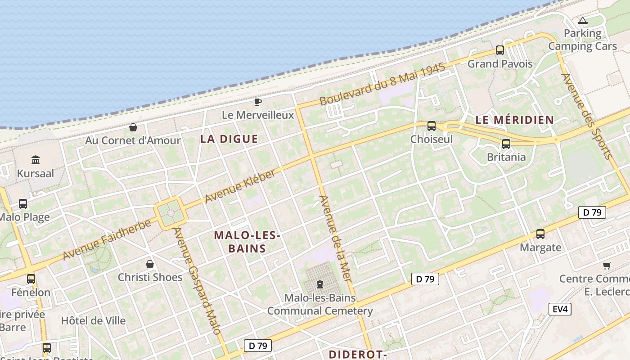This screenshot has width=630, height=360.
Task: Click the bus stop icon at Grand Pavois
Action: (499, 50)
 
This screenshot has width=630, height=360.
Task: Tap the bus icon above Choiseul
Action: (432, 126)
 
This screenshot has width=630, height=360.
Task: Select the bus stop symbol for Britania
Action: (506, 144)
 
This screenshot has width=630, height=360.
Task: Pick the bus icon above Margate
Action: (540, 234)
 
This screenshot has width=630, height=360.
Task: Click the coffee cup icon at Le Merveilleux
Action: (258, 102)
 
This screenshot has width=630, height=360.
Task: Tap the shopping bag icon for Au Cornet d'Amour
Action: (133, 128)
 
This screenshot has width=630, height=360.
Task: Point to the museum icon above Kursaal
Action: (36, 160)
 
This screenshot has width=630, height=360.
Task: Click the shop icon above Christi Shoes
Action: (150, 264)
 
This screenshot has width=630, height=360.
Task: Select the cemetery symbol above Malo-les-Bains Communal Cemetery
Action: (319, 284)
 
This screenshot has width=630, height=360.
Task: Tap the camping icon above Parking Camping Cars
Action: (583, 21)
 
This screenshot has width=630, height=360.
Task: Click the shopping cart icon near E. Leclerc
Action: (607, 266)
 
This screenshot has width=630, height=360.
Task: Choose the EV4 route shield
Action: (560, 309)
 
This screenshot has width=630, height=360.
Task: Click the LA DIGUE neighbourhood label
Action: (229, 139)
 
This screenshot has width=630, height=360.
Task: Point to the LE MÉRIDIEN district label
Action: (514, 120)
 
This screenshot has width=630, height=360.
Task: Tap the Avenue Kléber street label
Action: (239, 186)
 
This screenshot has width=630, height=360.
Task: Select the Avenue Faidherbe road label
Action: (107, 239)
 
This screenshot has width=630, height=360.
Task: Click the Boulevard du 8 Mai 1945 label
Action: (382, 85)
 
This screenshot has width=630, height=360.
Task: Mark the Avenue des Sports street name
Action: (587, 116)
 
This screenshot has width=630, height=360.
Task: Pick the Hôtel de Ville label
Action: (93, 321)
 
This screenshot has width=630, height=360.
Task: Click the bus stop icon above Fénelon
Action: (31, 279)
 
